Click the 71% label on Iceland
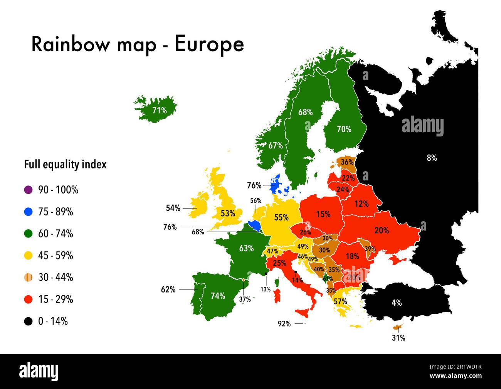pos(159,110)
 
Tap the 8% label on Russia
pos(432,158)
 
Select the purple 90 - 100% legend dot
pos(28,190)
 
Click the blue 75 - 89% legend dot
pos(28,212)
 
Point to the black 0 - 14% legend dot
pos(28,321)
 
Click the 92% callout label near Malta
pos(284,324)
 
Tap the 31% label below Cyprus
pos(398,338)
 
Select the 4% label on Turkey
pos(397,303)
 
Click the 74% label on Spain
pos(218,296)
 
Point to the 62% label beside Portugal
pos(168,289)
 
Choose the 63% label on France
pos(246,248)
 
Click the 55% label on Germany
pos(281,217)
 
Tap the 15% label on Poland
pos(323,214)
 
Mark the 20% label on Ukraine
pos(382,230)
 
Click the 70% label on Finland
pos(344,129)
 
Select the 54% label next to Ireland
pos(173,208)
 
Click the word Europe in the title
pos(209,44)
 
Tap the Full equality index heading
pos(65,165)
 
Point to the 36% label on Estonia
pos(347,162)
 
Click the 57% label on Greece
pos(340,301)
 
